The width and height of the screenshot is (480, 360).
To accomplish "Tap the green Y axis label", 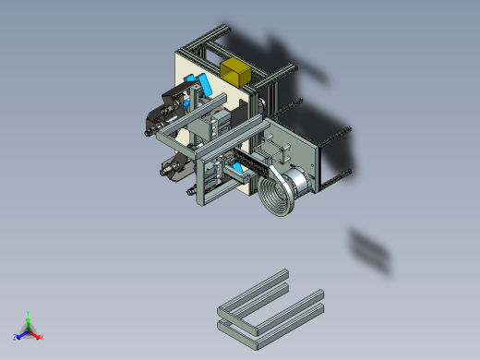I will [x=29, y=313].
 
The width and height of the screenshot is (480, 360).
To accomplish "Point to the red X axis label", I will [x=42, y=337].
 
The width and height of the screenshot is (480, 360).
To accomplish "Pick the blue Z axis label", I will [x=16, y=337].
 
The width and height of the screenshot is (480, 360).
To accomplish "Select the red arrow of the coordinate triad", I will [x=35, y=334].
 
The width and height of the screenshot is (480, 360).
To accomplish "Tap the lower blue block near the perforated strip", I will [x=237, y=169].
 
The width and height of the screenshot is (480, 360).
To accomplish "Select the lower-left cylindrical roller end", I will [x=169, y=168].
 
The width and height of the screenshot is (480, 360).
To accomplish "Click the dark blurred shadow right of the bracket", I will [x=369, y=249].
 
